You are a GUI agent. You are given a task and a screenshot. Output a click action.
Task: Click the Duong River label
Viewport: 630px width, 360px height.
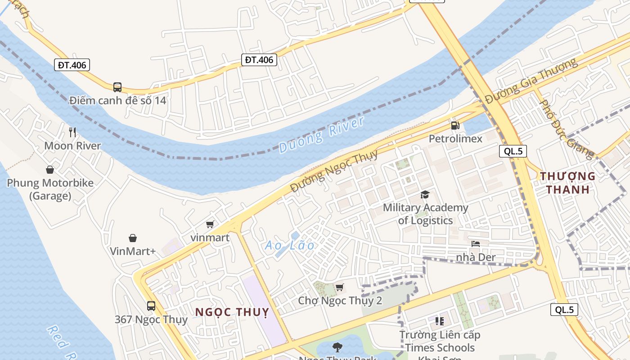[x=321, y=135]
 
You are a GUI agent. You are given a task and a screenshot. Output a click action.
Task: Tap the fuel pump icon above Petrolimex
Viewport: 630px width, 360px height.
[x=455, y=126]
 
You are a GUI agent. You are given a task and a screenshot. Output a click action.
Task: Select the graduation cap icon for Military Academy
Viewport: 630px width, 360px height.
[x=425, y=194]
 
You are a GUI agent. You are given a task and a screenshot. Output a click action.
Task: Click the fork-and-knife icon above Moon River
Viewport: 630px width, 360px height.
[x=72, y=132]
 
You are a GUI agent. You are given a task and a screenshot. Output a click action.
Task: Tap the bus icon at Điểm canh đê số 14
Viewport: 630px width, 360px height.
[x=117, y=87]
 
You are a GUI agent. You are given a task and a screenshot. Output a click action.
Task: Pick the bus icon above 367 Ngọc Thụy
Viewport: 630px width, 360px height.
[x=151, y=306]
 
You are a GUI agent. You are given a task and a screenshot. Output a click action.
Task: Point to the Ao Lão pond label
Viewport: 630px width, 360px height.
[x=290, y=245]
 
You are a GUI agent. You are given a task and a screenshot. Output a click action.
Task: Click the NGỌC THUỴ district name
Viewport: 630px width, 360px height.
[x=232, y=312]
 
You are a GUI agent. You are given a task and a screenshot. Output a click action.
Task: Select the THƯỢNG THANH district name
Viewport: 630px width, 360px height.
[x=567, y=183]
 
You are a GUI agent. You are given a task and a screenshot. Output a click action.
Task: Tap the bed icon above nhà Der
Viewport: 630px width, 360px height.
[x=476, y=244]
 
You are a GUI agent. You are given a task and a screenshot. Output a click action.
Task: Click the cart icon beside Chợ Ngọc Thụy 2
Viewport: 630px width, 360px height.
[x=340, y=287]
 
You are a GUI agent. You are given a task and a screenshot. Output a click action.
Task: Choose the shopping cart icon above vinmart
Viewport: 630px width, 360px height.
[x=210, y=224]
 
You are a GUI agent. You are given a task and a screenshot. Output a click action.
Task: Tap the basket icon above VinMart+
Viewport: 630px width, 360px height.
[x=133, y=238]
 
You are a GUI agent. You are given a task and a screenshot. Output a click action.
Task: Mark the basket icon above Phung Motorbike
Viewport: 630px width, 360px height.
[x=50, y=170]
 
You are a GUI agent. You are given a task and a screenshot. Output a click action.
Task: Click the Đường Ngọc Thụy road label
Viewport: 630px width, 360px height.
[x=334, y=171]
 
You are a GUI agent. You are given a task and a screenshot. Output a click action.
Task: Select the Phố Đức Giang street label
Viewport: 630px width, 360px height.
[x=567, y=129]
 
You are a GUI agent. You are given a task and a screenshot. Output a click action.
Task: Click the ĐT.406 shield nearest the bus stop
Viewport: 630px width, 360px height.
[x=72, y=65]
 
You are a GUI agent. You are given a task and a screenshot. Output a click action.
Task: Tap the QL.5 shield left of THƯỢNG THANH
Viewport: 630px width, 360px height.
[x=513, y=151]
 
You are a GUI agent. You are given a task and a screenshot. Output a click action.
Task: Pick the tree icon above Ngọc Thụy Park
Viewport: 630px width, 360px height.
[x=337, y=347]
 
